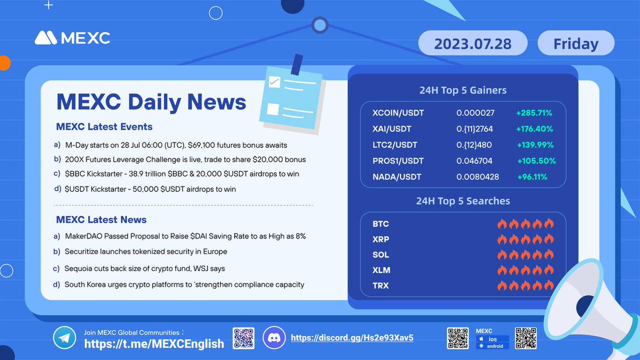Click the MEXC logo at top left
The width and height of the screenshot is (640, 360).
[x=72, y=38]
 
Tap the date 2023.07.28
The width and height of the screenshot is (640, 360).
[x=473, y=43]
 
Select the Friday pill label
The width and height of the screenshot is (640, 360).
[x=575, y=43]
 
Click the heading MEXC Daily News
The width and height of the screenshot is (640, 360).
[x=151, y=101]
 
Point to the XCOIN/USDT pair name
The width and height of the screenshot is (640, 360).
[x=398, y=113]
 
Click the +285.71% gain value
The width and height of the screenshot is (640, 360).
[x=534, y=113]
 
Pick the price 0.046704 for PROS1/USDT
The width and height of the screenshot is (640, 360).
[x=474, y=161]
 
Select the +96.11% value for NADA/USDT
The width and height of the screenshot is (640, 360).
[x=531, y=177]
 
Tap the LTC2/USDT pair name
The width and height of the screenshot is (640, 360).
[x=395, y=145]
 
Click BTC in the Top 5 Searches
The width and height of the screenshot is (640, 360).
[x=381, y=224]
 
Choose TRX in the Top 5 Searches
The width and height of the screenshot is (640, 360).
[x=381, y=286]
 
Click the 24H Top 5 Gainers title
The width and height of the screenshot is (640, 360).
[x=462, y=90]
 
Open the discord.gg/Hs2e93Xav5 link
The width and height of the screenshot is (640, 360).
[x=352, y=338]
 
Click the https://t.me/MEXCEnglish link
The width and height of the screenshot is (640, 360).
[x=154, y=343]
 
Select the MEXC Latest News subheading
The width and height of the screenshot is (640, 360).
[x=101, y=220]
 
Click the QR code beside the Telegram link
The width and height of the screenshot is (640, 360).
[x=244, y=338]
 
